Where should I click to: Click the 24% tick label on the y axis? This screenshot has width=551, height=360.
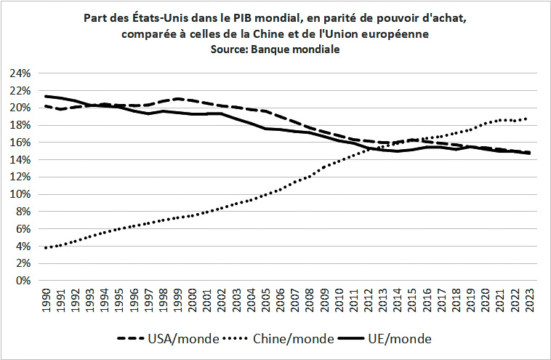[20, 73]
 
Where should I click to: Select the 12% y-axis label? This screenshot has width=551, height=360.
[20, 177]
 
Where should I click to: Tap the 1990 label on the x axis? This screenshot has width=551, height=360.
[47, 300]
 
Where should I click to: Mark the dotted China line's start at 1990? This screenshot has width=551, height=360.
[46, 248]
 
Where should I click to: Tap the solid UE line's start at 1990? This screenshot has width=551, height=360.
[46, 96]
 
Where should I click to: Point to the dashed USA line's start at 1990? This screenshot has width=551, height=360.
[46, 106]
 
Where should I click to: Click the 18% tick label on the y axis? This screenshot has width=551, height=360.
[20, 125]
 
